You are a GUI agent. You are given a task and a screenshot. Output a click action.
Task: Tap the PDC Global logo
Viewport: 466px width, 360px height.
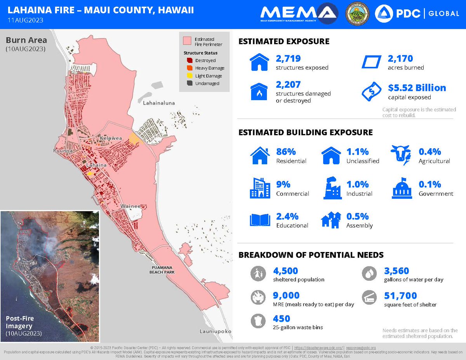417,14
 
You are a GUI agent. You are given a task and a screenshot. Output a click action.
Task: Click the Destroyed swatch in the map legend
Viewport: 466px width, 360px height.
189,61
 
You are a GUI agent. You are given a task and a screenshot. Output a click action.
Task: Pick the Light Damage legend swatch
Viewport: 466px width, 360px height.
189,76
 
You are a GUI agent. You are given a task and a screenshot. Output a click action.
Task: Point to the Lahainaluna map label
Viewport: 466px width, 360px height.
159,103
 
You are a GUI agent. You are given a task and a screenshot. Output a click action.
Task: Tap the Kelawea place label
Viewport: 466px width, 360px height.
111,138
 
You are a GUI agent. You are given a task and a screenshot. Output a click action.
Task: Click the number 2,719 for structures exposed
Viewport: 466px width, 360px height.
288,59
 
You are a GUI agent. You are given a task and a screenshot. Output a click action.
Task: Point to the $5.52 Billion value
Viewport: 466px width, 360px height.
417,88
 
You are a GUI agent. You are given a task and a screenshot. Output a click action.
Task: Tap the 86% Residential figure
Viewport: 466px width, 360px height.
285,152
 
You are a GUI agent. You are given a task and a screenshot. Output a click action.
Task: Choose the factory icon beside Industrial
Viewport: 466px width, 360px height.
332,188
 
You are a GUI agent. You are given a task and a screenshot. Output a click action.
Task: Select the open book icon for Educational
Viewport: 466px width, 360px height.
259,220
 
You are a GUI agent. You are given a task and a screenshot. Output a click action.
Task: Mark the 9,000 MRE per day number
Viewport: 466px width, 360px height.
288,296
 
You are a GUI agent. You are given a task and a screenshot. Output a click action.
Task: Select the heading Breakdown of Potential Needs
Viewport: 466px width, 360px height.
311,255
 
